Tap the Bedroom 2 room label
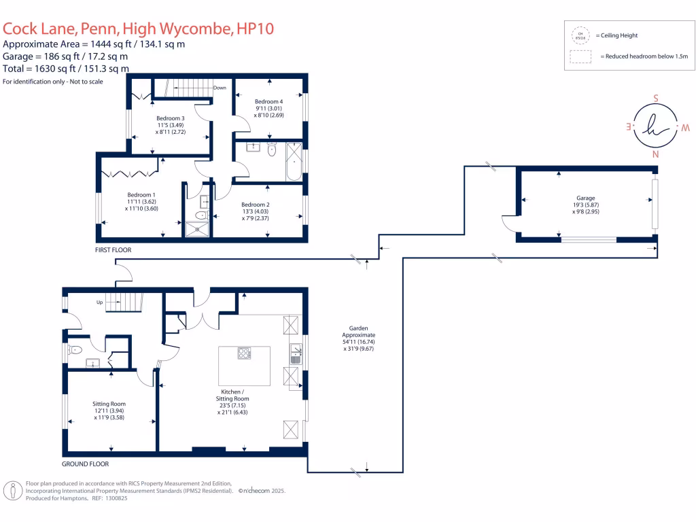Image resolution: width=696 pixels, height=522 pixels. tap(255, 205)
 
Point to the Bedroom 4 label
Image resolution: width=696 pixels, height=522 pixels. tap(268, 101)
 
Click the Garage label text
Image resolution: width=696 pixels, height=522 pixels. tap(586, 198)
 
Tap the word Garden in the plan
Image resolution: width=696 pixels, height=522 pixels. tap(359, 328)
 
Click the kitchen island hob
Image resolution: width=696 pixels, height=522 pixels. tap(243, 353)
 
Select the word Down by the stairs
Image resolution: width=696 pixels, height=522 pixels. tap(220, 88)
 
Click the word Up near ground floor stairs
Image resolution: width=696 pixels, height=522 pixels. tap(99, 301)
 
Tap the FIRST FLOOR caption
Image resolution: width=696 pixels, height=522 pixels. tap(114, 250)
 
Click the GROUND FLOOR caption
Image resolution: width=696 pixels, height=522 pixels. tap(85, 464)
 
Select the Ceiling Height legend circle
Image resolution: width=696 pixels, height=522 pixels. tap(580, 35)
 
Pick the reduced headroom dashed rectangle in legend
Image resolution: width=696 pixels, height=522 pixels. tap(580, 57)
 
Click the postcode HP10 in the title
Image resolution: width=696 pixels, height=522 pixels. tap(256, 29)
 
